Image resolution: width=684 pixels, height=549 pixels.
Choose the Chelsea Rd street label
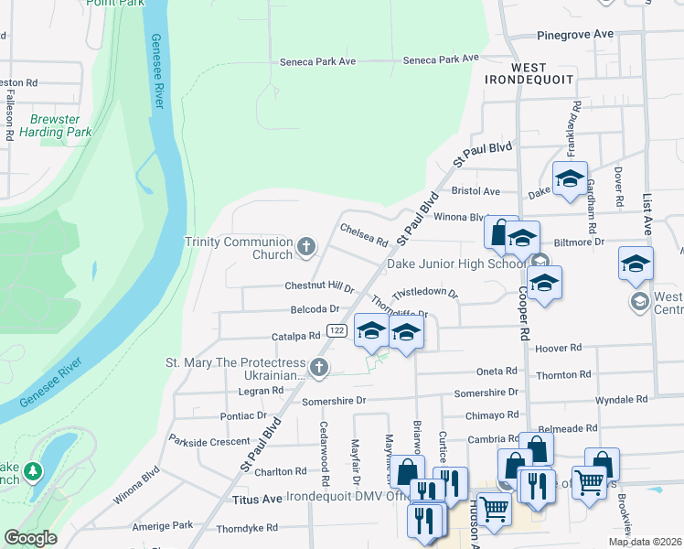tap(364, 234)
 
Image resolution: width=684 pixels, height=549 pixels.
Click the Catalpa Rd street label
tap(294, 336)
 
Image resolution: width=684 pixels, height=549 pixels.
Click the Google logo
tap(30, 538)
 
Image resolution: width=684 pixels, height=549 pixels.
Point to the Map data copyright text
tap(645, 542)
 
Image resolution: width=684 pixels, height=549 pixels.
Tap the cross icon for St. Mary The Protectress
tap(318, 368)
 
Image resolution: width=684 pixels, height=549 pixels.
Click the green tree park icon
tap(34, 471)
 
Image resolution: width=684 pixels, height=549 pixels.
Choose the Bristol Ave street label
tap(476, 192)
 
